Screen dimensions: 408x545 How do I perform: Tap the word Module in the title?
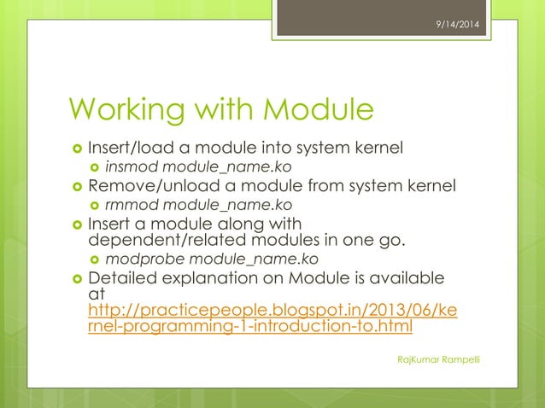pyautogui.click(x=318, y=110)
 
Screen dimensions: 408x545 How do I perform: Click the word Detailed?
pyautogui.click(x=122, y=279)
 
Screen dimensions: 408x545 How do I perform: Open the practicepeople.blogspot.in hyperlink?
pyautogui.click(x=272, y=317)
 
